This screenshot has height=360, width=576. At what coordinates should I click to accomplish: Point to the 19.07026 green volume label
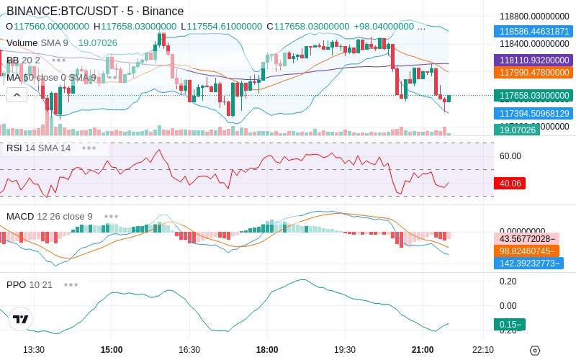[516, 130]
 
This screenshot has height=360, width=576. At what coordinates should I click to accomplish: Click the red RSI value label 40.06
[510, 184]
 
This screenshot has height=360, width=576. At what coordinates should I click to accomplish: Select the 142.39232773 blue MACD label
[528, 263]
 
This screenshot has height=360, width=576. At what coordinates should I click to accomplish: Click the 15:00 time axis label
[112, 349]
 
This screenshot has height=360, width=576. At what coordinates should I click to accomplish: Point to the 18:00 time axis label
[267, 349]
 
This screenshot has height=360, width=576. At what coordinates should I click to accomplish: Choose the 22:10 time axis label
[482, 349]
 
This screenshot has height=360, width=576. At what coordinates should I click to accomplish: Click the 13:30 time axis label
[34, 349]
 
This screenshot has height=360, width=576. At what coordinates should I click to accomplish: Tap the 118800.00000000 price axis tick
[534, 16]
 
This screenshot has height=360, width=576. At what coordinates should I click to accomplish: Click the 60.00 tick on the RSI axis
[510, 156]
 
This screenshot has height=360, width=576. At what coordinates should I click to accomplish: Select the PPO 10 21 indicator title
[30, 284]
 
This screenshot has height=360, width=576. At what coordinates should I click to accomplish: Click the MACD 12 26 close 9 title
[50, 216]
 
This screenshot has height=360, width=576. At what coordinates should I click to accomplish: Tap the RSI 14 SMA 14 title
[39, 148]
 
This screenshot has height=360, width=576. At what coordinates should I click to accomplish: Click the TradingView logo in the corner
[21, 319]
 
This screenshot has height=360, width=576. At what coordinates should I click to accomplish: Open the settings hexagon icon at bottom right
[534, 350]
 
